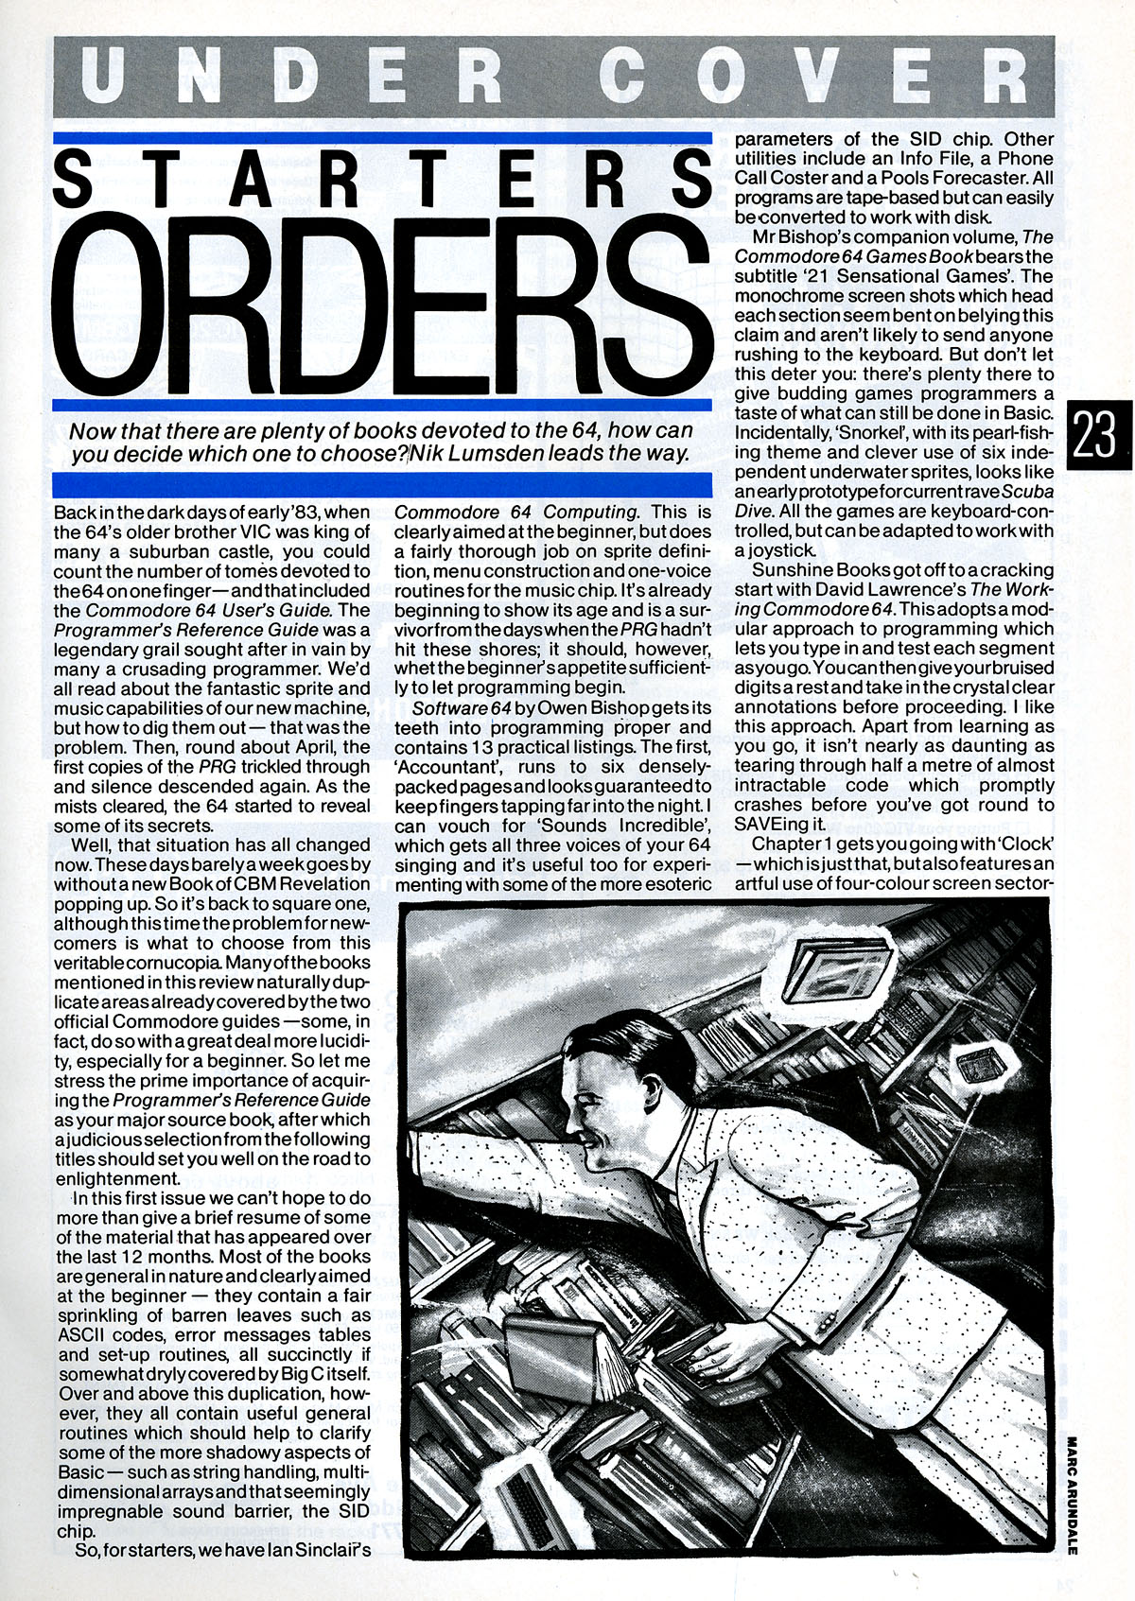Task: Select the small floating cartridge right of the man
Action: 974,1069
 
